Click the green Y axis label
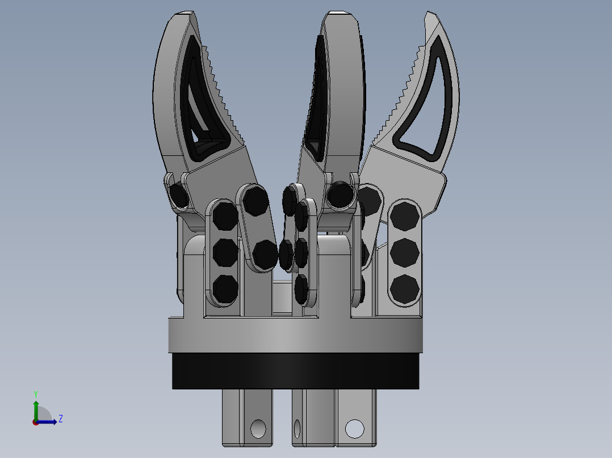click(x=36, y=394)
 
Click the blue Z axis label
click(x=61, y=419)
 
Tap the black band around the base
click(x=295, y=371)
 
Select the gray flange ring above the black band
click(x=295, y=335)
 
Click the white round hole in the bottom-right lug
click(x=354, y=429)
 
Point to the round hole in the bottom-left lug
click(x=258, y=429)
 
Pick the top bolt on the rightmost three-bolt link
click(x=405, y=217)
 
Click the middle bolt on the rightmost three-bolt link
click(x=405, y=253)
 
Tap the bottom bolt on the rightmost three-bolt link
click(x=405, y=289)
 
